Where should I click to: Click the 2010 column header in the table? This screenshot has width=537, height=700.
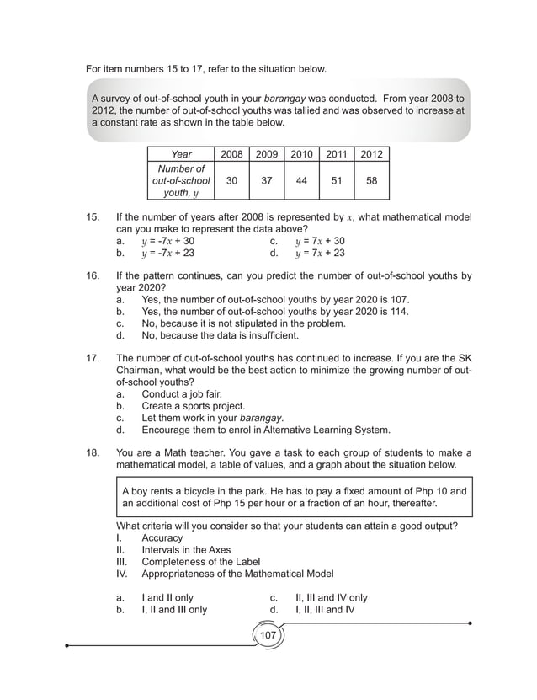click(x=301, y=154)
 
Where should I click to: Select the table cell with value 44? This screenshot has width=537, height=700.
click(x=301, y=180)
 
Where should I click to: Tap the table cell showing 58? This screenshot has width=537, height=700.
click(x=371, y=180)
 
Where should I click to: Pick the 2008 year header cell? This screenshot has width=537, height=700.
click(x=231, y=154)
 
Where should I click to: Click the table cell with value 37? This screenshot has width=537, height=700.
click(x=266, y=180)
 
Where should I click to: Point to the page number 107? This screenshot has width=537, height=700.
click(x=268, y=634)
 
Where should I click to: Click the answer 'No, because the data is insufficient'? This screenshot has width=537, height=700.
click(x=220, y=334)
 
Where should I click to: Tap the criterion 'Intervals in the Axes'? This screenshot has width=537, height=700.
click(x=186, y=550)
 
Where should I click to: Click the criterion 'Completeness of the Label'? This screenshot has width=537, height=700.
click(x=200, y=562)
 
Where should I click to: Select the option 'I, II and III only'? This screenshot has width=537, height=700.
click(x=173, y=609)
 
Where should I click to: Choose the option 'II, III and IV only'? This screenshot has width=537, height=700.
click(x=331, y=597)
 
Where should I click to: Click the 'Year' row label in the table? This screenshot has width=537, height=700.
click(x=181, y=154)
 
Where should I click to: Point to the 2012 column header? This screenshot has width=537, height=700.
click(x=371, y=154)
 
